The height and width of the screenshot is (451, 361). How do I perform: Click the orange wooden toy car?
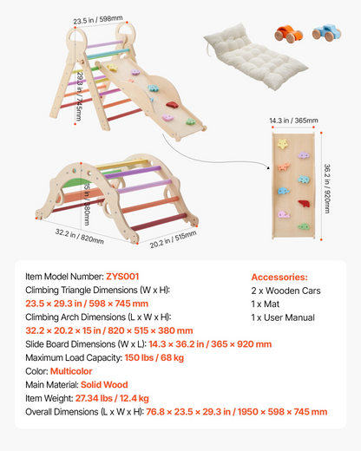coord(289,34)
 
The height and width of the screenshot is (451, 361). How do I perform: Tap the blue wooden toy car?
coord(326,32)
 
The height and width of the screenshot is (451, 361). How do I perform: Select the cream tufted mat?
coord(255,56)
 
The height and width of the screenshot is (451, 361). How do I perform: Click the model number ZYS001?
coord(122,277)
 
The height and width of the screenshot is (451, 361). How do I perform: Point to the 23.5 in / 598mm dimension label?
coord(98,20)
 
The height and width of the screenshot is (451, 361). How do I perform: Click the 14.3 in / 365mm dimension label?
coord(293,121)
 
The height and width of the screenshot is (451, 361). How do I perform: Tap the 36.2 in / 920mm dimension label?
coord(327,188)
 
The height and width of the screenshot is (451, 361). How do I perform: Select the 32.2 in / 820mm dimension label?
coord(80,236)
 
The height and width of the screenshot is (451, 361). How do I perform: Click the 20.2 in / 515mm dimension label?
coord(173,239)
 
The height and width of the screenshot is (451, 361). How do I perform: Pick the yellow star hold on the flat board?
coord(282,144)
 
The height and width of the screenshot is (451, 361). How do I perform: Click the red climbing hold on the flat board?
coord(304,204)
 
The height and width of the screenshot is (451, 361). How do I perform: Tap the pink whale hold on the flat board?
coord(284,214)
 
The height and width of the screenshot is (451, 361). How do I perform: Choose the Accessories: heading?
coord(279,277)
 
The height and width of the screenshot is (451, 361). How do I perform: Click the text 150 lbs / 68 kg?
coord(154,357)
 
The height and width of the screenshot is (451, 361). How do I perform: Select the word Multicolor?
coord(71,371)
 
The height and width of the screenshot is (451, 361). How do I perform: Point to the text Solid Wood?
coord(104,385)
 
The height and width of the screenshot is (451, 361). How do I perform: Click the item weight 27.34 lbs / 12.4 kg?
coord(112,398)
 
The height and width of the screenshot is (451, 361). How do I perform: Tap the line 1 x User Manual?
coord(283,317)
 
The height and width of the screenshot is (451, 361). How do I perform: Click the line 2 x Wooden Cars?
coord(286,291)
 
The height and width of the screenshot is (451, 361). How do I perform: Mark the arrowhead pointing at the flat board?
coord(268,167)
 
